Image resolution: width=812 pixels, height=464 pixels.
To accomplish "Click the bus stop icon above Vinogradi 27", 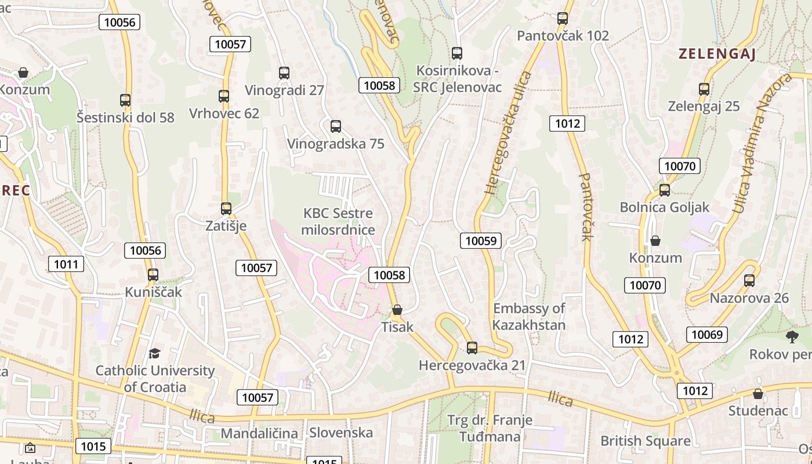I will (284, 73).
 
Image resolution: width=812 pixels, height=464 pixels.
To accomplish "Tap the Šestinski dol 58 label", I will (125, 117).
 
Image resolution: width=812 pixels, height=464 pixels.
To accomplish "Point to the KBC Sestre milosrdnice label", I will (338, 222).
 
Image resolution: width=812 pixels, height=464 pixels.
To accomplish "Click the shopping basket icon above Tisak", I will (397, 310).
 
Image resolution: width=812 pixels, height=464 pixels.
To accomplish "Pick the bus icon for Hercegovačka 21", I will (472, 348).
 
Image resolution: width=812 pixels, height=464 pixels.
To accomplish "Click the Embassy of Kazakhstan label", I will (528, 317).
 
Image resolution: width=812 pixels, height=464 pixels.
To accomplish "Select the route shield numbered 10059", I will (481, 241).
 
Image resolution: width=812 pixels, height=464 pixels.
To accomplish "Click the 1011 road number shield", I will (66, 264).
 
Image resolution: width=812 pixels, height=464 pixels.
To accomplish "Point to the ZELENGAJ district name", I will (717, 55).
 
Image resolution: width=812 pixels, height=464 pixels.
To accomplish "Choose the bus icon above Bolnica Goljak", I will (665, 190).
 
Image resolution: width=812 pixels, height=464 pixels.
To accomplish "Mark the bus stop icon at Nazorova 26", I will (749, 281).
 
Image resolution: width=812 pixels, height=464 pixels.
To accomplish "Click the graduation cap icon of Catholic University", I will (154, 353).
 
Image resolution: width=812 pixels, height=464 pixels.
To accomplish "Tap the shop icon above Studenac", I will (757, 394).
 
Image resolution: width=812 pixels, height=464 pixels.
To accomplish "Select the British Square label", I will (645, 441).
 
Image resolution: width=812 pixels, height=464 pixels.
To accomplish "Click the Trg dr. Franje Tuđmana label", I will (490, 428).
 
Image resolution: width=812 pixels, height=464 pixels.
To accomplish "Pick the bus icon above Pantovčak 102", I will (563, 19).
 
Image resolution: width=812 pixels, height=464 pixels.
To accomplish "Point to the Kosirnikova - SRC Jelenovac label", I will (457, 79).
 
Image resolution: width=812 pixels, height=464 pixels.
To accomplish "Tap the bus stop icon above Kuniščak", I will (153, 275).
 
